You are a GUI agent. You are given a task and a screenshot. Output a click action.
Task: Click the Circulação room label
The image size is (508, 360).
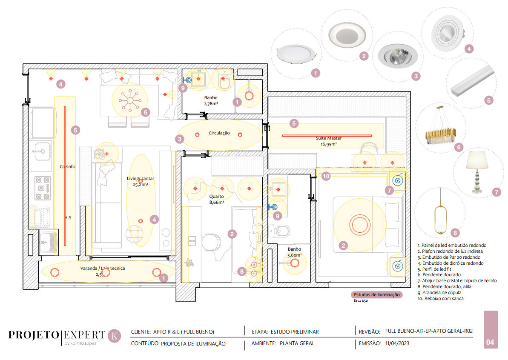click(219, 133)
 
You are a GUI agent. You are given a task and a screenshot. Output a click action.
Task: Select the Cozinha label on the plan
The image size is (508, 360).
click(68, 167)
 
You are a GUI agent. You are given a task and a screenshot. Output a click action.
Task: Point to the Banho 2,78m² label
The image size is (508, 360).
click(211, 100)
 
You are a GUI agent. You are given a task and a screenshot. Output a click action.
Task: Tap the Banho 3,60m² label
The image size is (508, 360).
click(294, 252)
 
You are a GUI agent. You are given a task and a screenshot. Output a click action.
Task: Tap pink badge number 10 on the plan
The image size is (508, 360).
click(326, 176)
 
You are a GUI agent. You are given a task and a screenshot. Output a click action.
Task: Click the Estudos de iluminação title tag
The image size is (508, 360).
click(376, 294)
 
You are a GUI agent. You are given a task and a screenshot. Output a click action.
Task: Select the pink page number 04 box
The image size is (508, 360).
click(490, 330)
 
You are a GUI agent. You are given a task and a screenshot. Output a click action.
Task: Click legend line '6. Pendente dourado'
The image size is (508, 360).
click(439, 275)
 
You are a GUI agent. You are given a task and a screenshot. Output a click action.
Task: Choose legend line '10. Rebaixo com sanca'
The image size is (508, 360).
click(441, 299)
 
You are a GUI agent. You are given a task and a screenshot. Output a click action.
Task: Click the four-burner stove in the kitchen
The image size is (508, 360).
click(43, 188)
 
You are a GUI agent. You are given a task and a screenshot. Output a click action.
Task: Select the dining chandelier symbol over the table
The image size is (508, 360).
click(129, 100)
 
